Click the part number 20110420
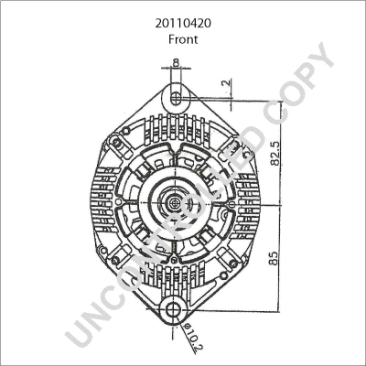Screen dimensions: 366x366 coord(183,24)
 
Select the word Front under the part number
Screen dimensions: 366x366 coord(183,39)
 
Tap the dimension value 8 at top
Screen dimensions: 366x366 coord(176,62)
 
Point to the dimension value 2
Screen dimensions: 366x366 coord(227,82)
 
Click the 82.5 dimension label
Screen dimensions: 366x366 coord(275,154)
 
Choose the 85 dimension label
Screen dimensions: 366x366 coord(274,258)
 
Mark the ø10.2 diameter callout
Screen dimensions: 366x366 coord(193,338)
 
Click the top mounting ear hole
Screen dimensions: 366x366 coord(176,98)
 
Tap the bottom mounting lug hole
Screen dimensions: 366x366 coord(174,310)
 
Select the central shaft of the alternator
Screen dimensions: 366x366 coord(175,202)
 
